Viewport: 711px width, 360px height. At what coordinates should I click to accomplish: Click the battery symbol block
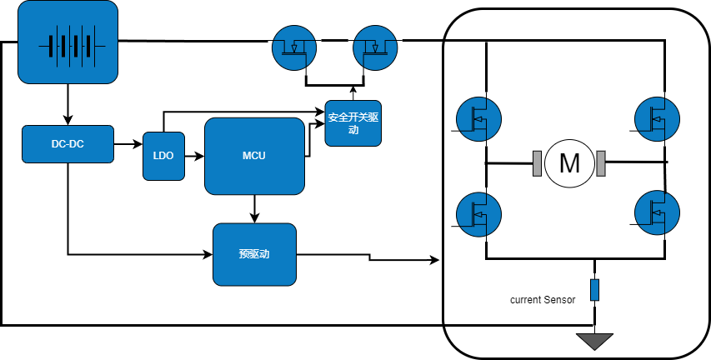68,42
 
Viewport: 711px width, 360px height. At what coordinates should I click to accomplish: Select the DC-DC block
68,144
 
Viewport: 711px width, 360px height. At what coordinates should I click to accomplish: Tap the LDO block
163,156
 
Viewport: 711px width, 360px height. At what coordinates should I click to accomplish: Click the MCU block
254,156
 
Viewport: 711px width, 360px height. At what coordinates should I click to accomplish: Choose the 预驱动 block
254,254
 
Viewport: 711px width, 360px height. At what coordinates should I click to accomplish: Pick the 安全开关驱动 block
353,123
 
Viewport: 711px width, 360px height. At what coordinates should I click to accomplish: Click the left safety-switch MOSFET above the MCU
296,47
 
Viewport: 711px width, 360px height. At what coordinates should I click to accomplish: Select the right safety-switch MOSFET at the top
376,47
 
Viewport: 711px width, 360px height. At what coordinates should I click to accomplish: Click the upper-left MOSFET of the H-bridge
479,119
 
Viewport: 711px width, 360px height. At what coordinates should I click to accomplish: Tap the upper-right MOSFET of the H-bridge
657,119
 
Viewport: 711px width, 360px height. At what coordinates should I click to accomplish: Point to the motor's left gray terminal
538,163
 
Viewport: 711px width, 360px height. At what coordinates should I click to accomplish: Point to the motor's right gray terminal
600,163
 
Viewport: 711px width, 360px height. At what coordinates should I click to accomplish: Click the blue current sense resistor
594,290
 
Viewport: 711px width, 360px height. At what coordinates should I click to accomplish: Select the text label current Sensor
543,299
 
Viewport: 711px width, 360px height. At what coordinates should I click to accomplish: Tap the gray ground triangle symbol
594,342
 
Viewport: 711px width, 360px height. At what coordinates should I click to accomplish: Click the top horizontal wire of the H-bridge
575,39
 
